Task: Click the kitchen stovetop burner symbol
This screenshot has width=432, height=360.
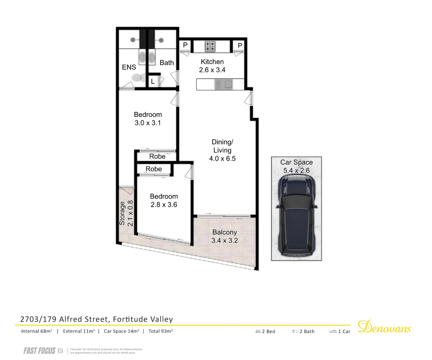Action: pos(210,46)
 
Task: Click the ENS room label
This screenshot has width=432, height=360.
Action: pos(129,67)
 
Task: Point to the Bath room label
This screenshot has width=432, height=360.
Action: pos(167,63)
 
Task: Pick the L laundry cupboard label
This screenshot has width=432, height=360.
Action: pos(153,81)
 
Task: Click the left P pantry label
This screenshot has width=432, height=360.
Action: pos(185,45)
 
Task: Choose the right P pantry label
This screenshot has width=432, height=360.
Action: pos(240,45)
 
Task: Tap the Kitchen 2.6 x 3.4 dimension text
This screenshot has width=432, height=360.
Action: pos(212,70)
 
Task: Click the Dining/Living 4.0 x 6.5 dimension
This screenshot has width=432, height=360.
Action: pos(222,159)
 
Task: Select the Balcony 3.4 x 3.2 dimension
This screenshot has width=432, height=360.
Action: pos(224,240)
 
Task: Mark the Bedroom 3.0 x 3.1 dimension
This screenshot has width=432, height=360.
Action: pos(148,123)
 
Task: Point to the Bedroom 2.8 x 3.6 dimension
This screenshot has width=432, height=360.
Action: pos(164,205)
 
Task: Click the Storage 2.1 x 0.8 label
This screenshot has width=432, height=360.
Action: pos(126,213)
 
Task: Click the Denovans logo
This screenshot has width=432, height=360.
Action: pos(384,327)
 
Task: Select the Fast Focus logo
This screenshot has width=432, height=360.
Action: pos(43,351)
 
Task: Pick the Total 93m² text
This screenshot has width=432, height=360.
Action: pos(161,331)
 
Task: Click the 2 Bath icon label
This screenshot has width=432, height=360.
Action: pos(303,331)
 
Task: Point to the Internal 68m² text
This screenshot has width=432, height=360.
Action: pos(37,331)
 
